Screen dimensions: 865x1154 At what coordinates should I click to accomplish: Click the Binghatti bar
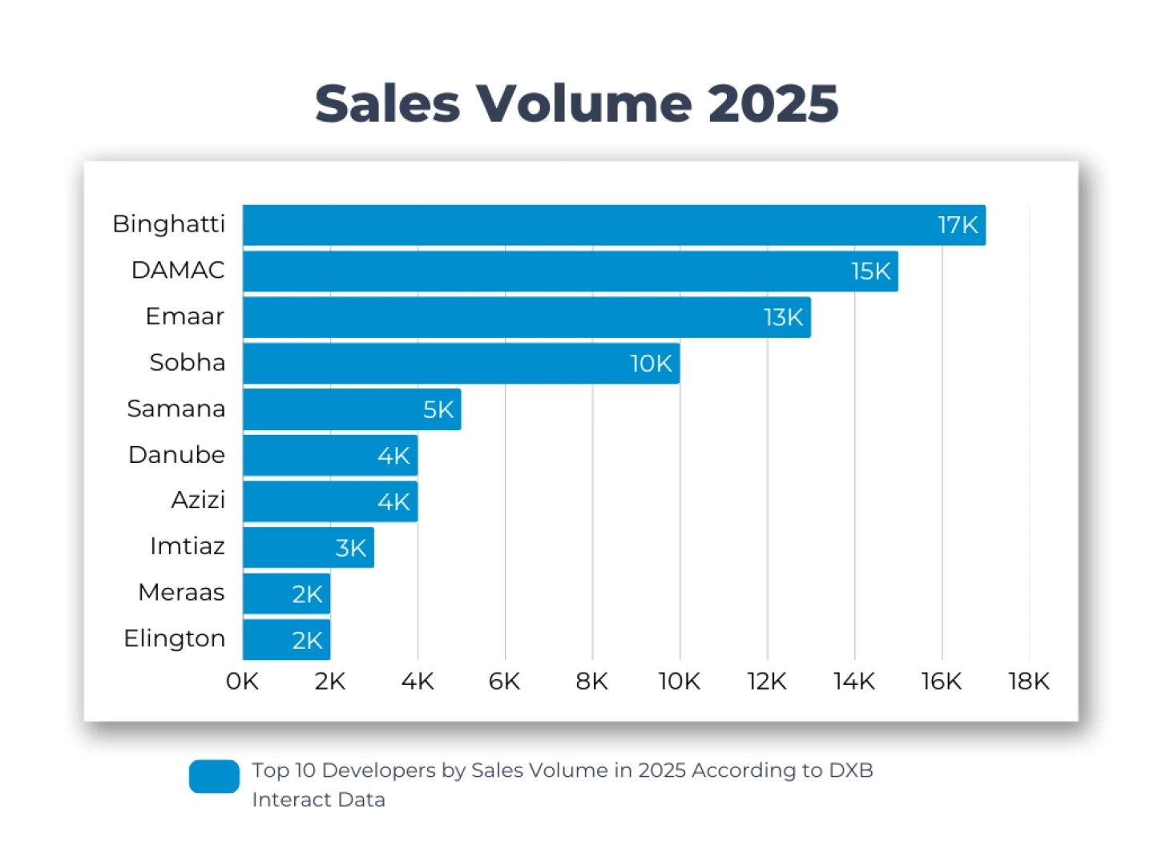(614, 225)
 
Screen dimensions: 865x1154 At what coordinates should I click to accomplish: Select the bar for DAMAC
(570, 272)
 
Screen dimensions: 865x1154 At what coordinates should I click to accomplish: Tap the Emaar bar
(527, 317)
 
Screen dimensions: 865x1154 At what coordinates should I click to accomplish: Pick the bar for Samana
(352, 409)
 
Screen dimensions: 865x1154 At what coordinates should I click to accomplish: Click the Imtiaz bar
(309, 548)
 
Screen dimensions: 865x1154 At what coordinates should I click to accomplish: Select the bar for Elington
(286, 640)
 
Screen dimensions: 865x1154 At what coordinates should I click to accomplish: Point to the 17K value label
(958, 225)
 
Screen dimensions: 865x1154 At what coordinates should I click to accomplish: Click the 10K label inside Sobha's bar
(651, 364)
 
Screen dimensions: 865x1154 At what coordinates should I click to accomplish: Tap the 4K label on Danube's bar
(393, 456)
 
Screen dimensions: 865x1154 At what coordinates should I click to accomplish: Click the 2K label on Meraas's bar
(307, 594)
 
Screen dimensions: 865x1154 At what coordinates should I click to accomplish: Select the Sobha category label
(187, 363)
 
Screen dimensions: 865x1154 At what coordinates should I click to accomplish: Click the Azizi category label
(198, 500)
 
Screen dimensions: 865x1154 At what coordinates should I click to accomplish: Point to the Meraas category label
(181, 593)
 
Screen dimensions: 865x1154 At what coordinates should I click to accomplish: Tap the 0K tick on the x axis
(242, 682)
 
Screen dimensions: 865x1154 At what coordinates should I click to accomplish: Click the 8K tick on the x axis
(591, 682)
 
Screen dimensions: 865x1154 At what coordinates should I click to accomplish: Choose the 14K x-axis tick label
(853, 682)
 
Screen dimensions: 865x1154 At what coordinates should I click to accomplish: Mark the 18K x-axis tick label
(1028, 682)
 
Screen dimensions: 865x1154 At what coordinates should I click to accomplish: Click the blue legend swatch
(214, 776)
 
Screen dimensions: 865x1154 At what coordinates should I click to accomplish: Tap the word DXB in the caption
(850, 770)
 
